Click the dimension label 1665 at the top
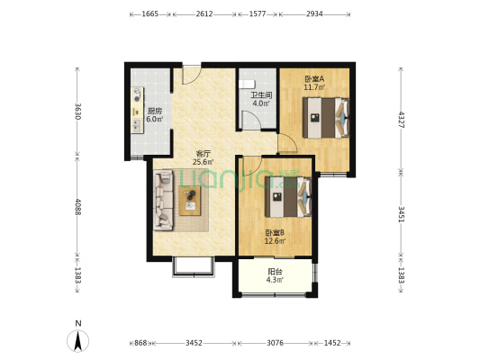(x=150, y=14)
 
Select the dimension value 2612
(x=204, y=14)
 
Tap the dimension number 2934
(x=314, y=14)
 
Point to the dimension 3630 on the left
(x=77, y=112)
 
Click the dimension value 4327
(x=401, y=120)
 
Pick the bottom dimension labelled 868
(x=140, y=343)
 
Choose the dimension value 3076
(x=275, y=343)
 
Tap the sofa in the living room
(x=164, y=201)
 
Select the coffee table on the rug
(x=190, y=201)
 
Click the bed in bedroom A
(x=326, y=118)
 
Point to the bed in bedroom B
(x=288, y=197)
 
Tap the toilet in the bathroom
(x=247, y=84)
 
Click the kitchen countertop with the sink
(x=137, y=110)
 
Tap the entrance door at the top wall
(x=192, y=75)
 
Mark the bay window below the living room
(x=194, y=267)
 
